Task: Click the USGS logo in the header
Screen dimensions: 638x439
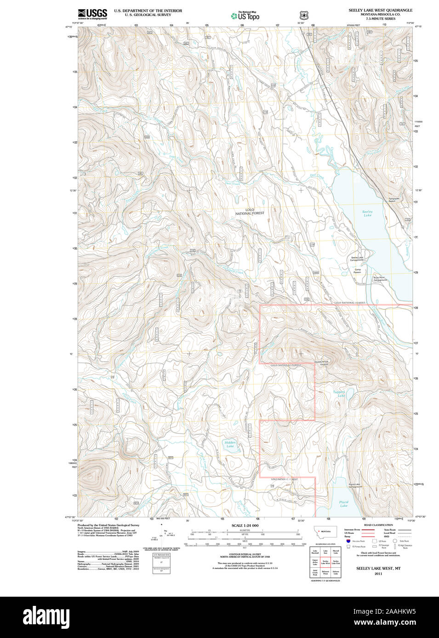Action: [x=92, y=13]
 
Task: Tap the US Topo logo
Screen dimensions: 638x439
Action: [x=245, y=16]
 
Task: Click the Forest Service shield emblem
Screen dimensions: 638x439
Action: [x=303, y=15]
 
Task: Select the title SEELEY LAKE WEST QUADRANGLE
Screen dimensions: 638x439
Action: [x=380, y=10]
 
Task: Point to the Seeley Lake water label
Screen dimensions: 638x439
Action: [x=367, y=213]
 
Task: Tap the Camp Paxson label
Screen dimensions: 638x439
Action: [x=357, y=271]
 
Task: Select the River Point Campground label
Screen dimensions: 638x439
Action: [x=380, y=279]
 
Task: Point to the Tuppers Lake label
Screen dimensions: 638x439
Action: [x=339, y=393]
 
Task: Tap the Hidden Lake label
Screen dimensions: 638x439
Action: [x=230, y=444]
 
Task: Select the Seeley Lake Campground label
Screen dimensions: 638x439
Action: [x=357, y=259]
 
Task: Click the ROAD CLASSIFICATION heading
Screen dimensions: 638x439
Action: [x=378, y=525]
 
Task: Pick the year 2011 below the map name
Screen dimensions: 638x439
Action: [x=378, y=573]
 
